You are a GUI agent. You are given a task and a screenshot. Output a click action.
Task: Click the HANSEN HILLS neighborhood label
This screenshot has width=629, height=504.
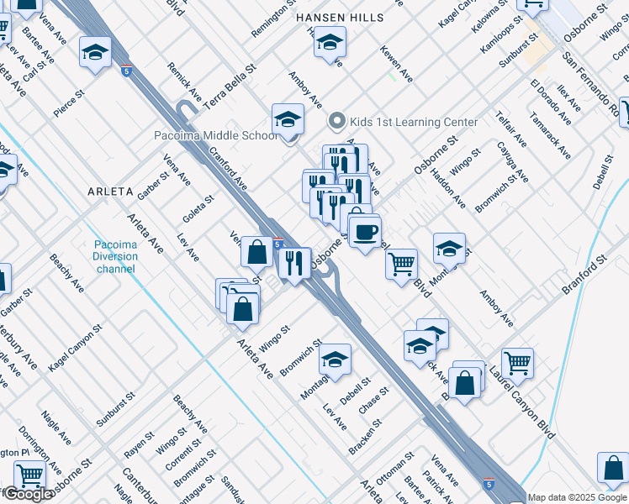click(340, 18)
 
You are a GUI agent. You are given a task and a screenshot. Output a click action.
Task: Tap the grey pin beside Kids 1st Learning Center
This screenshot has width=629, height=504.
click(338, 122)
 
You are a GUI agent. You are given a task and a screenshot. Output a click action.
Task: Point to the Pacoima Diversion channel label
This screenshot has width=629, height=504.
click(115, 257)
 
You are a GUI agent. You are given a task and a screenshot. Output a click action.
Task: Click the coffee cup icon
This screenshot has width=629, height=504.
click(364, 230)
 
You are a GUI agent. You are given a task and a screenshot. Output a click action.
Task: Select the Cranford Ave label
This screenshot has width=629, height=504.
click(228, 169)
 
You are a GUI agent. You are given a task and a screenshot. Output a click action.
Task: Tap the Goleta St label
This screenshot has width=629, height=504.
click(199, 211)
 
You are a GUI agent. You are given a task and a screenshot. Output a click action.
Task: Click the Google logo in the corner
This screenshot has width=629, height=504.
click(27, 494)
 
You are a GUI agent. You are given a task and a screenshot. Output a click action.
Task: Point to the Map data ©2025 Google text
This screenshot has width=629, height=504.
click(578, 497)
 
